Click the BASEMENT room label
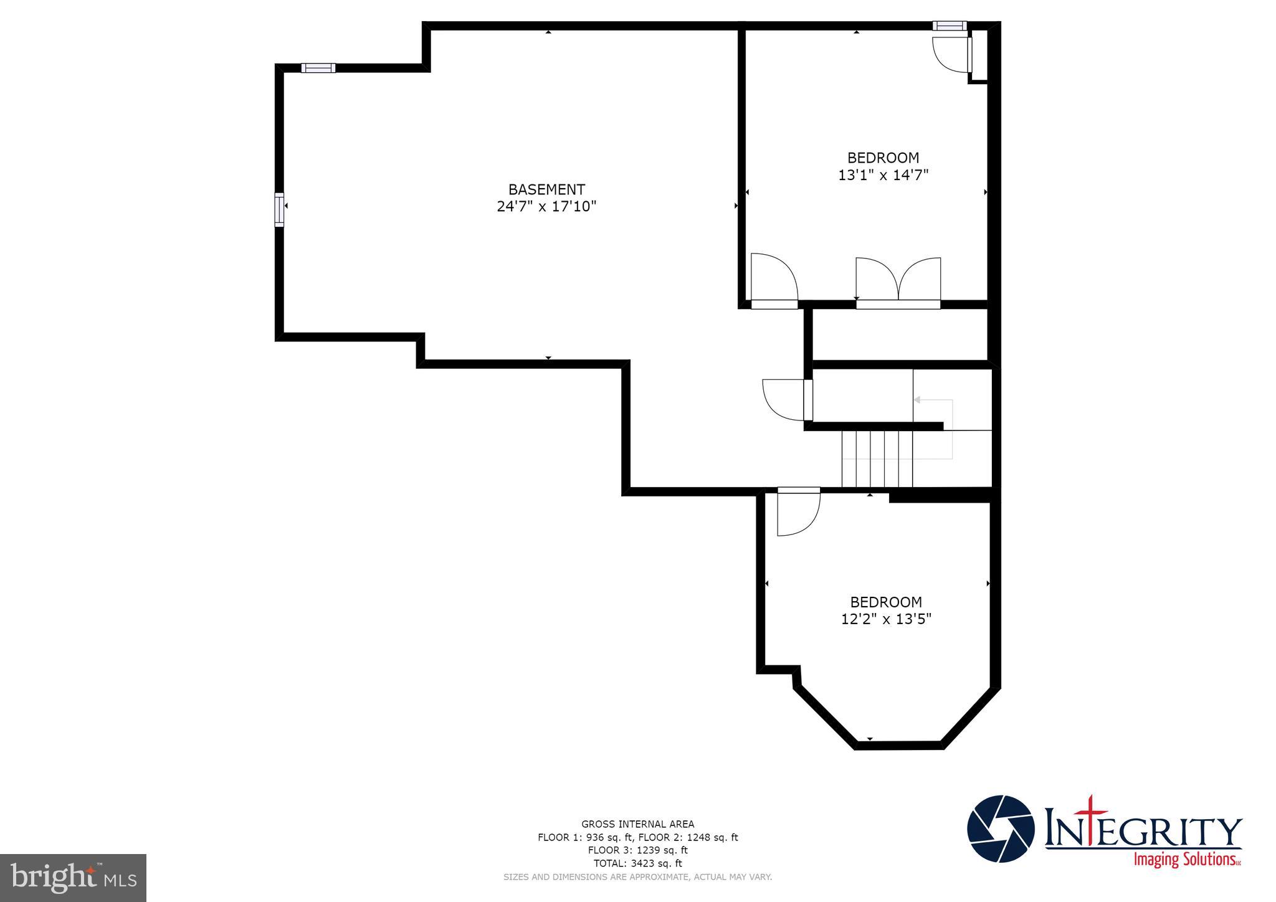(x=546, y=189)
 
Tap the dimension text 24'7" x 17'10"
(x=546, y=206)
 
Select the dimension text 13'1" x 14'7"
(x=883, y=175)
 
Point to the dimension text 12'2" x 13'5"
(x=885, y=619)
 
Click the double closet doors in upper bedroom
(x=898, y=282)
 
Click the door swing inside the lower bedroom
(x=797, y=512)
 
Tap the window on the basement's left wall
(x=279, y=209)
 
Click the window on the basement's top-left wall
(x=318, y=68)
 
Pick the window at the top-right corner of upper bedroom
(x=949, y=26)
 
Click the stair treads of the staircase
(x=877, y=458)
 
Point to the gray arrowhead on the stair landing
(x=917, y=399)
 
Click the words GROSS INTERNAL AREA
(x=637, y=824)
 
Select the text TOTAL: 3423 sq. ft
(x=637, y=863)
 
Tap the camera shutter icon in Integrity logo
(x=1000, y=829)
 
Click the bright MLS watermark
(x=74, y=878)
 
